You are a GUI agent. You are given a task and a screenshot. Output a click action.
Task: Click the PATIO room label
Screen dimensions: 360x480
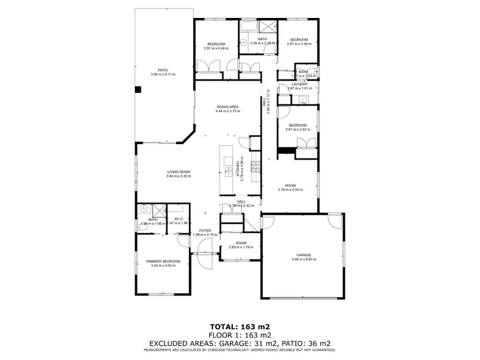(162, 70)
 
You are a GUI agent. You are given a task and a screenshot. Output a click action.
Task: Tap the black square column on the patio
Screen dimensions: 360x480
(137, 90)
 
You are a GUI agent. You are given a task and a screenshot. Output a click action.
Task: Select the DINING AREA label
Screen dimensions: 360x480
(227, 106)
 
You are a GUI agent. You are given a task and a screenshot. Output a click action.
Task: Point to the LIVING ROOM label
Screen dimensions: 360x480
(179, 172)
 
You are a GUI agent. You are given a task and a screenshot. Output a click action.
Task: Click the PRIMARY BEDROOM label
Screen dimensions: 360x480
(163, 261)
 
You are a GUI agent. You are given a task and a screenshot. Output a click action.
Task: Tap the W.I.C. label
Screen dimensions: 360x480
(179, 219)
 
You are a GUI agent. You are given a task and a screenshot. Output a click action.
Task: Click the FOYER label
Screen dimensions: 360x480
(204, 230)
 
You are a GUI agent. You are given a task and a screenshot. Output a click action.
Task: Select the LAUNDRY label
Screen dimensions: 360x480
(300, 84)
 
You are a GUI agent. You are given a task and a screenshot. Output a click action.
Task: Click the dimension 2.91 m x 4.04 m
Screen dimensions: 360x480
(216, 48)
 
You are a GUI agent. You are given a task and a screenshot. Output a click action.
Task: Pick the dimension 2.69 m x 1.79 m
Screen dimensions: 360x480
(241, 247)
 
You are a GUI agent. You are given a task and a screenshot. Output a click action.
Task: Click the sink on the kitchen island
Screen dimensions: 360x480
(227, 171)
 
